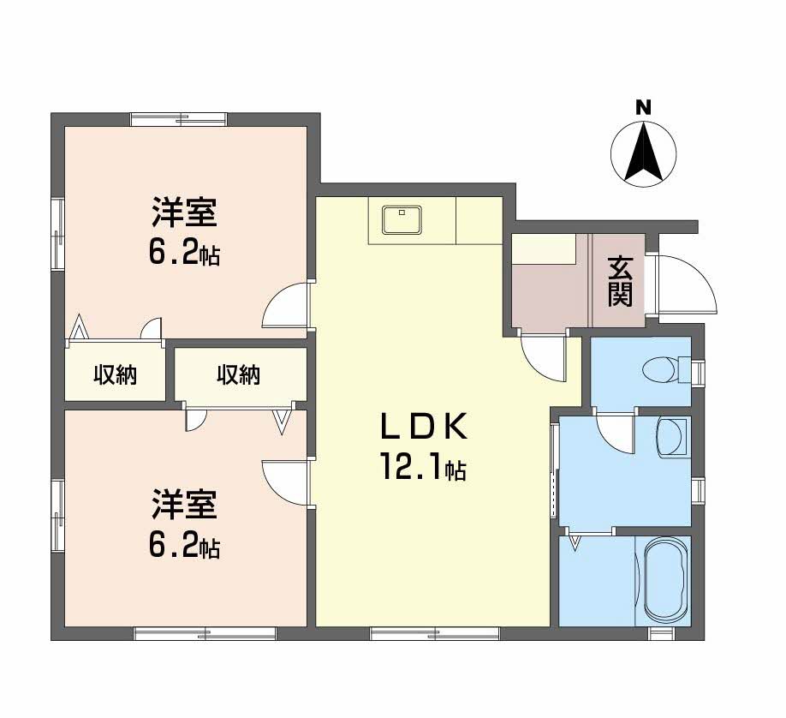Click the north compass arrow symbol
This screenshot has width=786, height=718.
[643, 153]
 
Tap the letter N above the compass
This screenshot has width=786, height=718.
[643, 108]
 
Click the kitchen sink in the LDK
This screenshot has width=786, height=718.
[401, 220]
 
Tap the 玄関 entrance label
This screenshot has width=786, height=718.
[621, 281]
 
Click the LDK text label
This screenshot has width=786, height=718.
[423, 425]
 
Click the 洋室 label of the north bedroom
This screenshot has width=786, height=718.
[184, 210]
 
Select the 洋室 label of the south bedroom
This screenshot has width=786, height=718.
[184, 504]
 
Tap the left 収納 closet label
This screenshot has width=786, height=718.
[116, 374]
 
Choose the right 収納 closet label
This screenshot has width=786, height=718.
[238, 374]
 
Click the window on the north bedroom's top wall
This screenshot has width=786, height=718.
[179, 119]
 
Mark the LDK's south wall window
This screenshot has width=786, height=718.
[434, 634]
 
